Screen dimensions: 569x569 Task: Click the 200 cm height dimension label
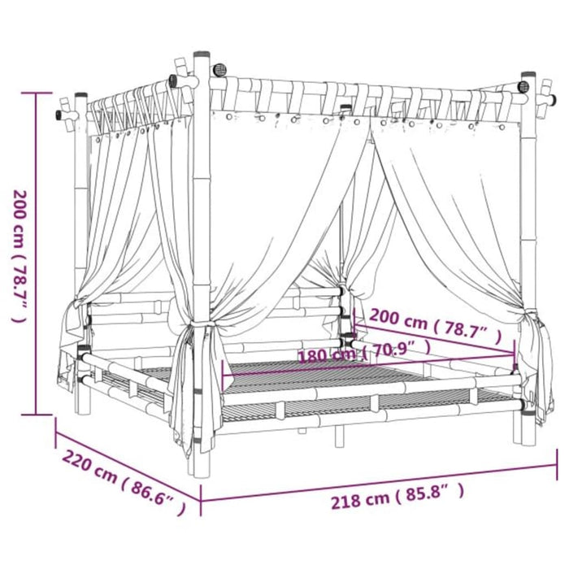tap(20, 256)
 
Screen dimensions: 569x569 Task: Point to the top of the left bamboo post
tap(80, 98)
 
